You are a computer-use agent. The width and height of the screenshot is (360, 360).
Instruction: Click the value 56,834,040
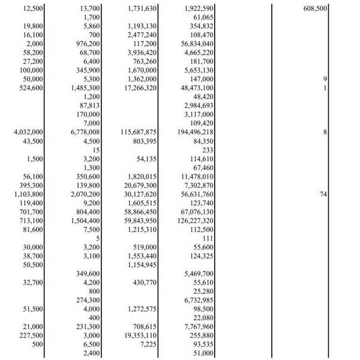point(197,44)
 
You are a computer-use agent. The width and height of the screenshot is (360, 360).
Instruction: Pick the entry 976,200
point(85,44)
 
